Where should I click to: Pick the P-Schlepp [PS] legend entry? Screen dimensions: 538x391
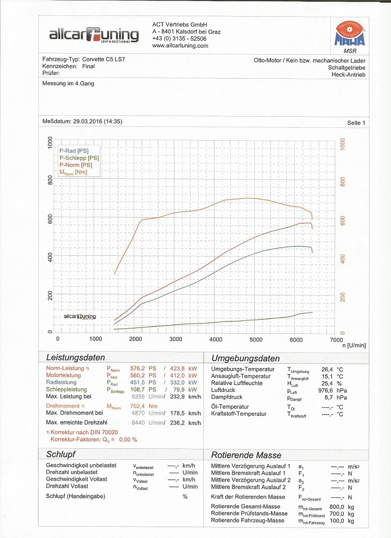click(79, 157)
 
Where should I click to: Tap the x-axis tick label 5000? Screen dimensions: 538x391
click(256, 339)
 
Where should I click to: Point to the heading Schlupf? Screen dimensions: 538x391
click(60, 454)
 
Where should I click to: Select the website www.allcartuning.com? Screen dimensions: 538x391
click(180, 46)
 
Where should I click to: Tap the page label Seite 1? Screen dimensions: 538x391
click(356, 123)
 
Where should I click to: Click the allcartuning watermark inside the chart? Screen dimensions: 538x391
click(80, 317)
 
